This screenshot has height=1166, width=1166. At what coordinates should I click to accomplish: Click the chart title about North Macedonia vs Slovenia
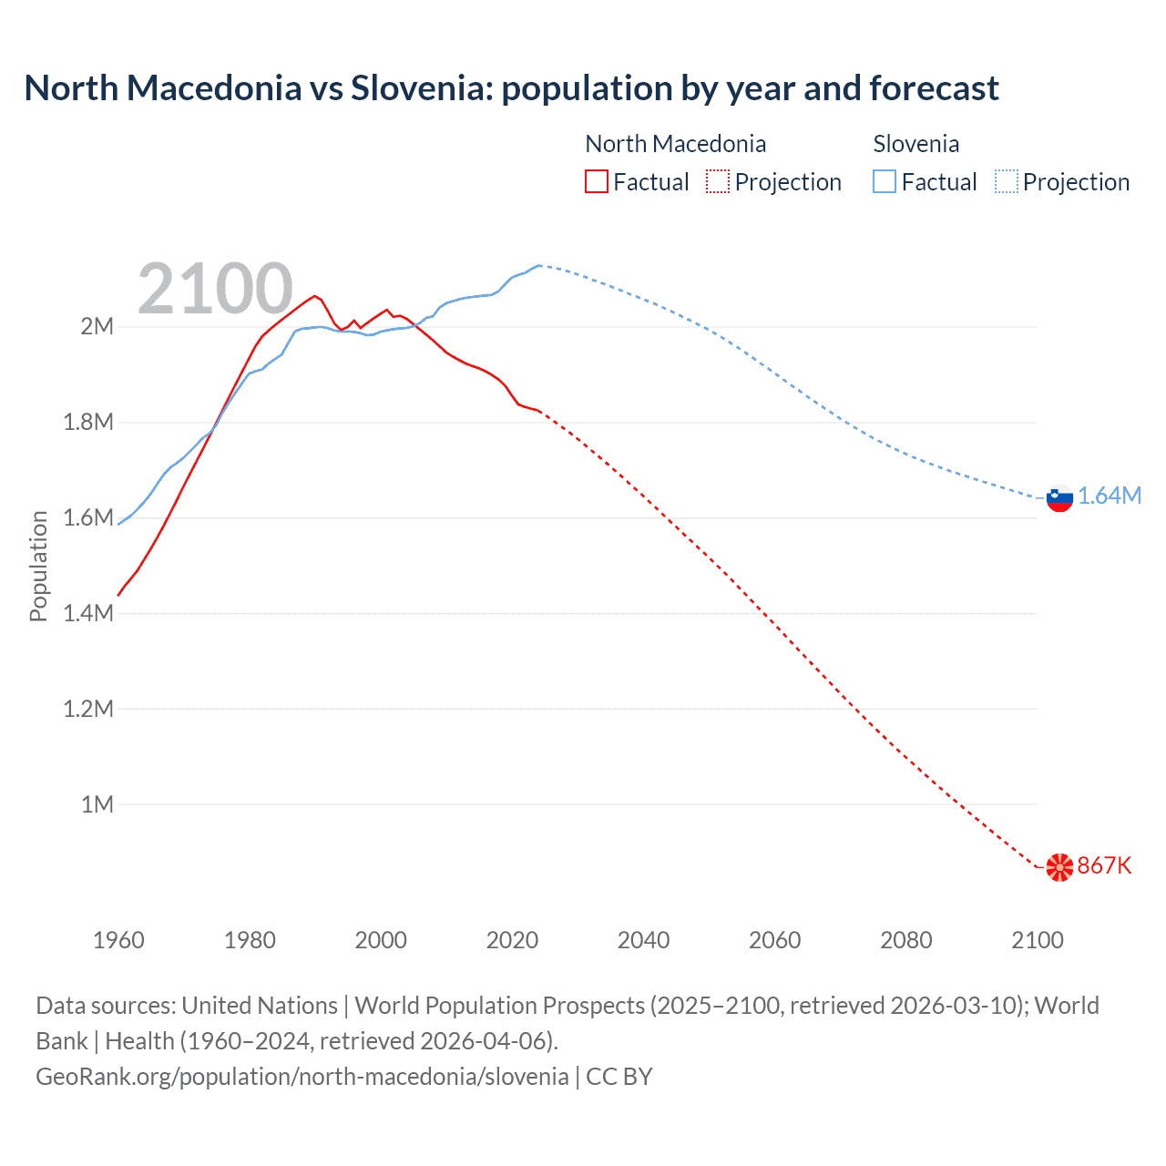point(511,88)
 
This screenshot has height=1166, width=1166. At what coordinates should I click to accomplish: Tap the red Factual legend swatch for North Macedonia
point(596,181)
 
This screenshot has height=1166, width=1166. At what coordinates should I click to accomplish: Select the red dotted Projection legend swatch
point(717,181)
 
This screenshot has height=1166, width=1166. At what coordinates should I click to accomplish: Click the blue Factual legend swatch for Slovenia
point(884,181)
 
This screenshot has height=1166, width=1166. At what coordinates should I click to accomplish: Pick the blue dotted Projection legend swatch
point(1006,181)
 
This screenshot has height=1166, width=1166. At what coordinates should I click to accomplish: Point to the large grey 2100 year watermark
point(215,289)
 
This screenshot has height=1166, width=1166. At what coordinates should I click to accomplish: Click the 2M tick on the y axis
point(97,327)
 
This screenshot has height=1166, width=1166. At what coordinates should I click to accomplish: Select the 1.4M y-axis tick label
point(88,613)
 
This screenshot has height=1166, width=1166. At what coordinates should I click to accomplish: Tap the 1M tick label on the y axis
point(97,804)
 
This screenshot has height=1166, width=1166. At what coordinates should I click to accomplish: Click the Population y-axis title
point(38,566)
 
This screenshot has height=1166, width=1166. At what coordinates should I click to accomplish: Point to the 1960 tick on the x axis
point(118,940)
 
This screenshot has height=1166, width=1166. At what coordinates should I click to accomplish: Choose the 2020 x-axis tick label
point(512,940)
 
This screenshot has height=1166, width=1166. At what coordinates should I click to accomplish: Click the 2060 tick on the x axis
point(774,940)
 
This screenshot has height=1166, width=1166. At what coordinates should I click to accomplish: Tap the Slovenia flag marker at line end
point(1059,497)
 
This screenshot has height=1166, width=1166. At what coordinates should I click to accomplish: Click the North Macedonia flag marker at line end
point(1059,867)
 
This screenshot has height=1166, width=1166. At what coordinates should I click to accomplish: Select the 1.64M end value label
point(1109,496)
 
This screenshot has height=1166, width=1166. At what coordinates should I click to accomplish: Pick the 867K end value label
point(1104,865)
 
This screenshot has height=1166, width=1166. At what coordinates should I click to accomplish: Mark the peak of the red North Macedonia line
point(314,295)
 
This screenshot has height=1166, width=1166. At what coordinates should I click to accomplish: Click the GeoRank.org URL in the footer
point(302,1077)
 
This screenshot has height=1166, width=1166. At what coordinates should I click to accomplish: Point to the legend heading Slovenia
point(915,144)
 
